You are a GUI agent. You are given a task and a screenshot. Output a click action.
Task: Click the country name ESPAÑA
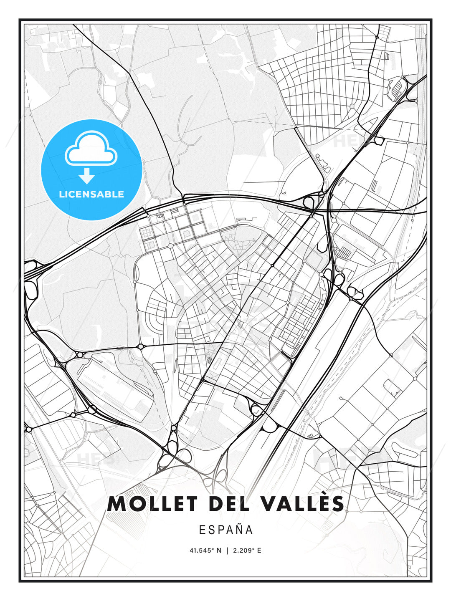click(x=226, y=530)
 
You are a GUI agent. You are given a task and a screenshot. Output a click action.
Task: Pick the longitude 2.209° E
click(x=247, y=550)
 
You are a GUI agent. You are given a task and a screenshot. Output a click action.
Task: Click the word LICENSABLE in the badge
click(x=91, y=194)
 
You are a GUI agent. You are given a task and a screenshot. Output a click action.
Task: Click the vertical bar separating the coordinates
click(x=227, y=550)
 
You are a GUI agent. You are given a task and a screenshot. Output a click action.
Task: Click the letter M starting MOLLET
click(x=117, y=504)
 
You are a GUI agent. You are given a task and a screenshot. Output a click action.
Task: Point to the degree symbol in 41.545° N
click(x=214, y=549)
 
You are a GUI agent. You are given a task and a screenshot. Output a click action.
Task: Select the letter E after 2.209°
click(x=259, y=550)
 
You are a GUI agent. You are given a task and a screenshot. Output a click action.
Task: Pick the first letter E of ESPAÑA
click(x=202, y=530)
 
